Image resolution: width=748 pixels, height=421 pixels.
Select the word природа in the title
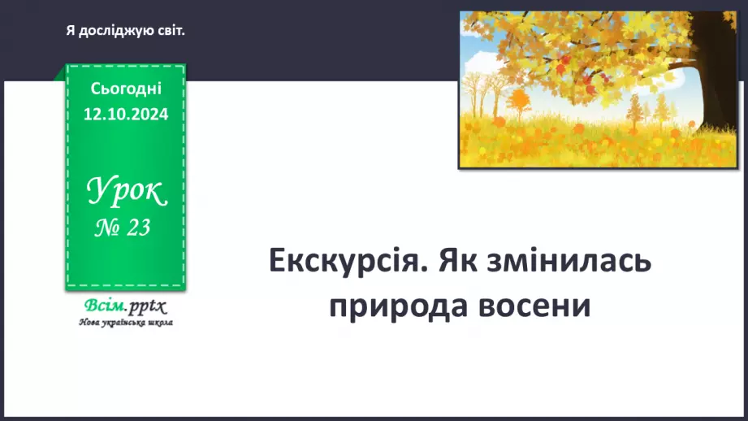(x=400, y=306)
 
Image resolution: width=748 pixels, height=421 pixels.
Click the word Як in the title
(x=460, y=263)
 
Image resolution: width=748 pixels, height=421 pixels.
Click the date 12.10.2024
(x=126, y=115)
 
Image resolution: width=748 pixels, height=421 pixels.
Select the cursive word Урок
(x=126, y=193)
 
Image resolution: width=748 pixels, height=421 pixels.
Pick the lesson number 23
(x=139, y=228)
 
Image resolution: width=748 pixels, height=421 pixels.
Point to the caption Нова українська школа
(x=126, y=322)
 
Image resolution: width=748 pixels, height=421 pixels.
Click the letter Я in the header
(x=71, y=31)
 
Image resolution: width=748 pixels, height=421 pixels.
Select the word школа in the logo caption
(x=160, y=322)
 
